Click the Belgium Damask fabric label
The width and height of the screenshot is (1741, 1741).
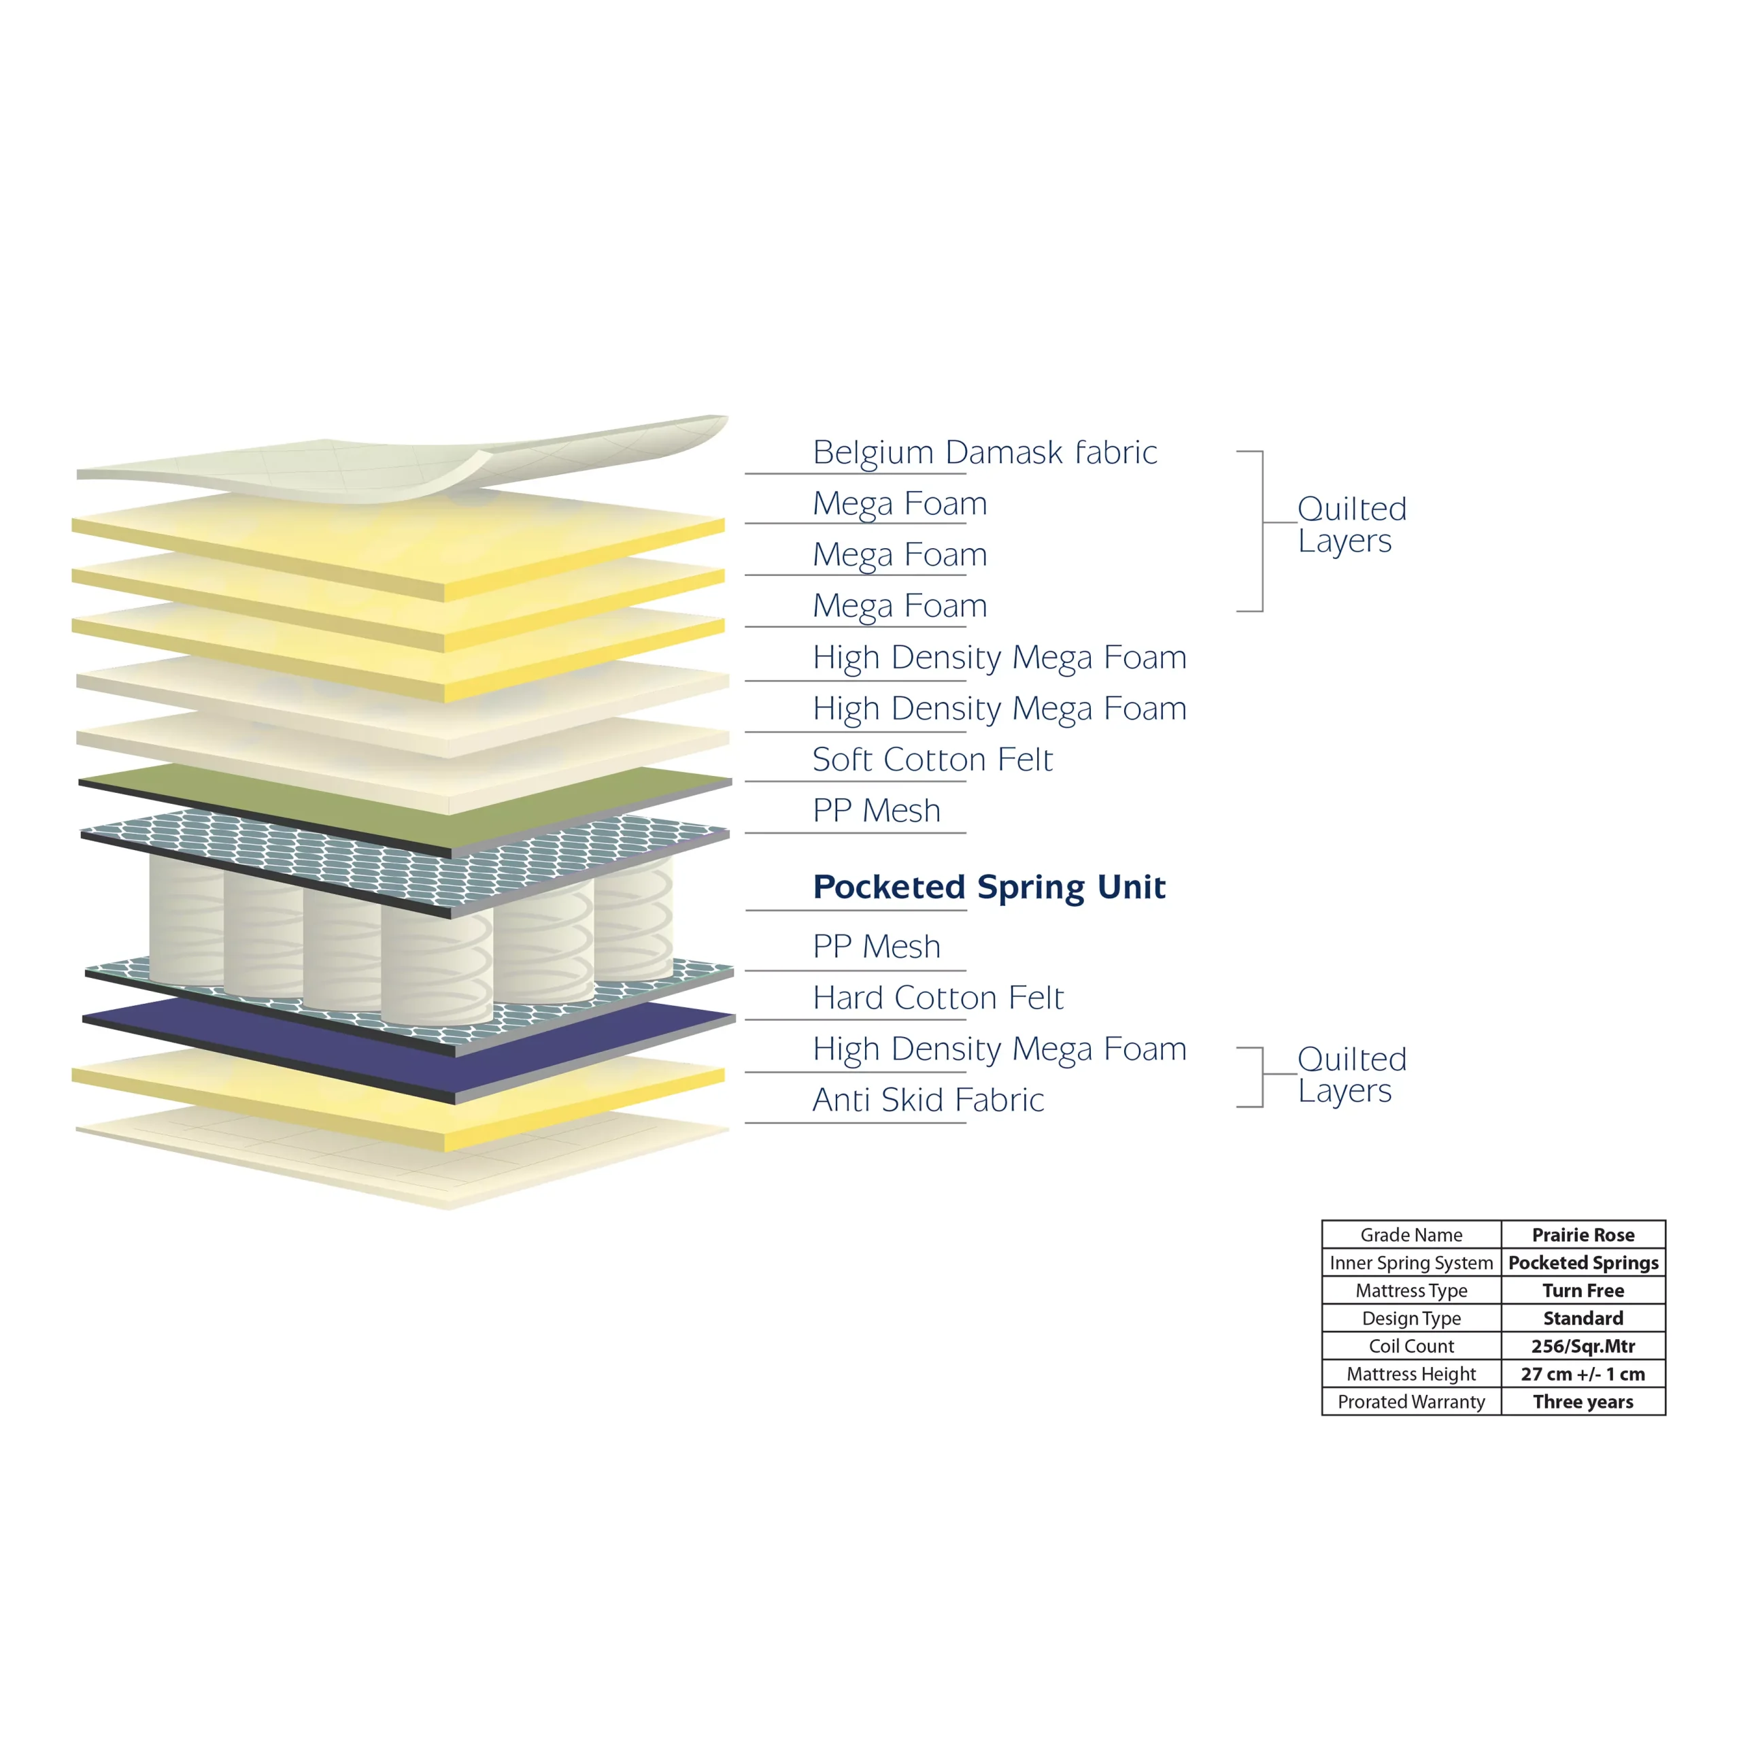tap(984, 452)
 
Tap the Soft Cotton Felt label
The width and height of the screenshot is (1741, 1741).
tap(932, 759)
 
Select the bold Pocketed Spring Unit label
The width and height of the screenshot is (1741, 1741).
tap(989, 888)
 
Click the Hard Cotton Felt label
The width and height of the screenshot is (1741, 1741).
tap(937, 998)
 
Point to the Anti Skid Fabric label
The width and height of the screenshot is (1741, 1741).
tap(928, 1100)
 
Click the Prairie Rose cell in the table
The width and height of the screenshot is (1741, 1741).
tap(1583, 1234)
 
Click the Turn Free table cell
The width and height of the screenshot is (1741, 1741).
tap(1583, 1290)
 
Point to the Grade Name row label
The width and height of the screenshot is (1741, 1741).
tap(1411, 1234)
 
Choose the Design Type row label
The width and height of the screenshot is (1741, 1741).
tap(1411, 1319)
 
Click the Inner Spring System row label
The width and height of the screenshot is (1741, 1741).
tap(1411, 1262)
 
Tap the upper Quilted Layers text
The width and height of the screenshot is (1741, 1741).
tap(1352, 524)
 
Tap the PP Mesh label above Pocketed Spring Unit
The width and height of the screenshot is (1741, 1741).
tap(876, 810)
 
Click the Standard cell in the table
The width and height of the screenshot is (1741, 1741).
tap(1583, 1319)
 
